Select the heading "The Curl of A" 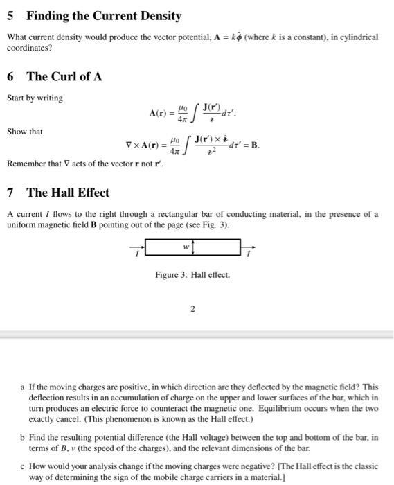pos(64,76)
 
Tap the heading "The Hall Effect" pos(67,192)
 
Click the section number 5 pos(10,15)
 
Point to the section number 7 pos(10,192)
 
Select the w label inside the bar pos(186,247)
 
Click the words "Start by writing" pos(35,98)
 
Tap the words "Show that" pos(25,132)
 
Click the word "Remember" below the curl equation pos(27,164)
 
